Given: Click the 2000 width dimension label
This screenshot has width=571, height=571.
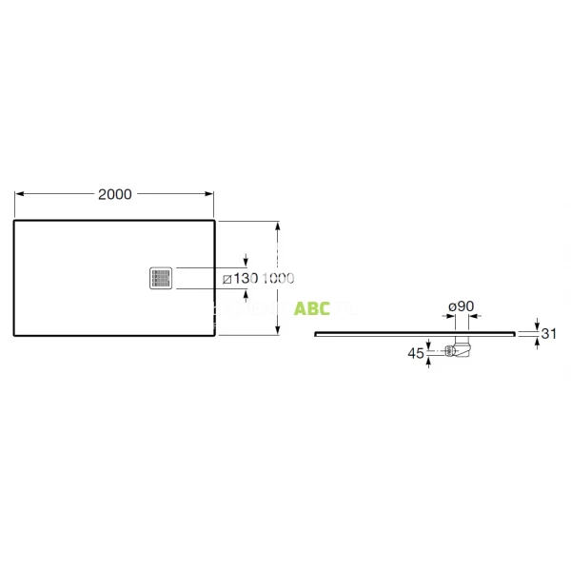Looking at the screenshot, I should [x=114, y=193].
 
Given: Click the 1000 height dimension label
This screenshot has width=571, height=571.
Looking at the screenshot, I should [x=278, y=278].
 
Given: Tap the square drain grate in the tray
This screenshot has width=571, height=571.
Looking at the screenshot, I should [x=161, y=278].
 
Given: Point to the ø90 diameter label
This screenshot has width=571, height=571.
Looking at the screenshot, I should [x=462, y=306].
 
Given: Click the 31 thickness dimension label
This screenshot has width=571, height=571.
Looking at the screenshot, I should [x=549, y=334].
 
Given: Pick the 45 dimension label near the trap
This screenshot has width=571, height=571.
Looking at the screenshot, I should [x=415, y=353].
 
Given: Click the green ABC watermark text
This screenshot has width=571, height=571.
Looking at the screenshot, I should [x=312, y=308].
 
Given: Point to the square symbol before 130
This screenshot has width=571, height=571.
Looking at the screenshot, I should [x=226, y=279].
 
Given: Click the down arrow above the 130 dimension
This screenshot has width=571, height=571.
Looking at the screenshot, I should [x=246, y=261].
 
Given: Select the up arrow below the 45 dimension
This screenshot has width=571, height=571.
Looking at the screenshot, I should [x=431, y=363].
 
